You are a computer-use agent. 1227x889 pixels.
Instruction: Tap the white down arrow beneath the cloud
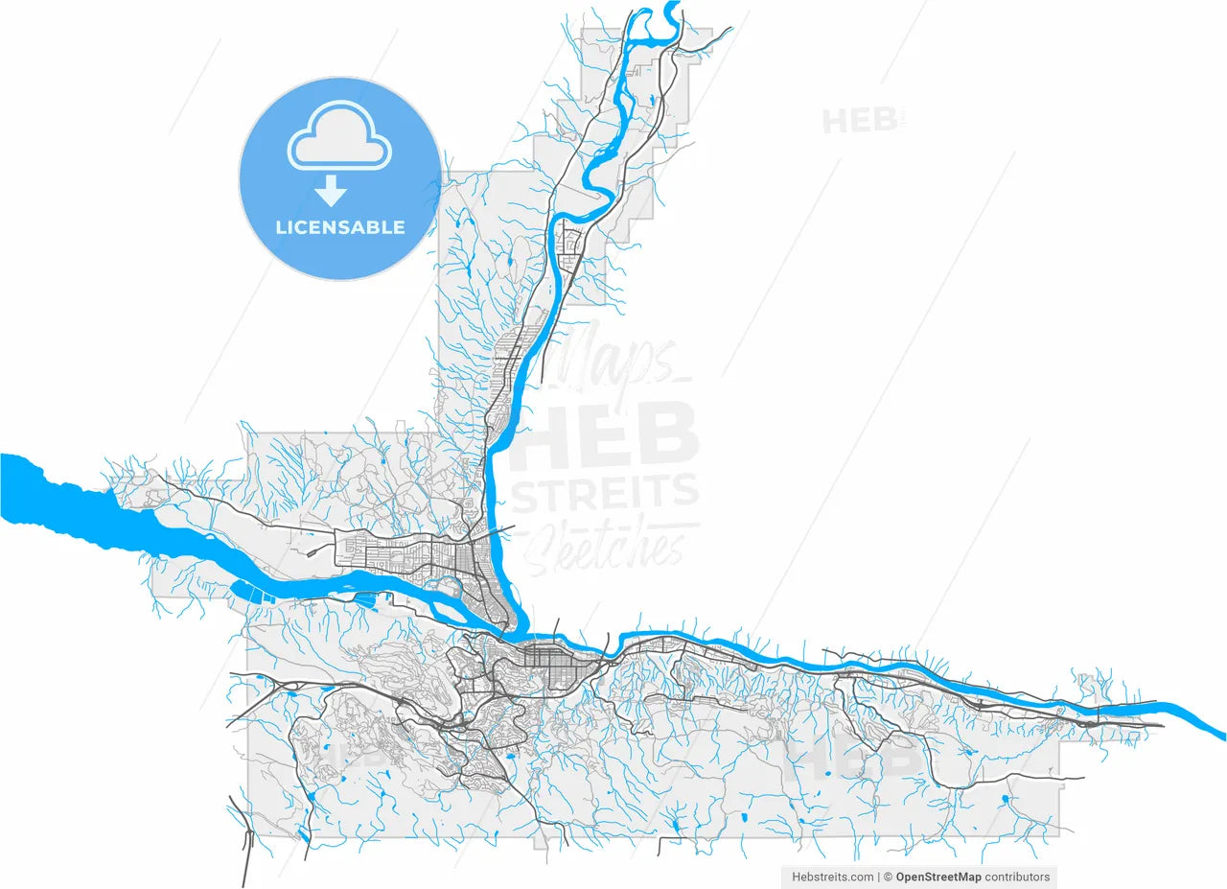(x=332, y=191)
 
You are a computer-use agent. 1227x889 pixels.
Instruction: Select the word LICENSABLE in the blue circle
(x=340, y=228)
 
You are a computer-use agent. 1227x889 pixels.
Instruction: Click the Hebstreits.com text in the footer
(x=831, y=877)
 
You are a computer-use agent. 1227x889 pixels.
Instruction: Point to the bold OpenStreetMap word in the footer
(x=938, y=877)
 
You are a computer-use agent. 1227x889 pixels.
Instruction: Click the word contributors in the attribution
(x=1017, y=877)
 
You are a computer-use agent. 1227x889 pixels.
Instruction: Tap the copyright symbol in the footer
(x=889, y=877)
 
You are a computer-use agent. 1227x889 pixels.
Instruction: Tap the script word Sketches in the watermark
(x=610, y=546)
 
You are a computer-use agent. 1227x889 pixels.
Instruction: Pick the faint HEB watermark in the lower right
(x=858, y=758)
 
